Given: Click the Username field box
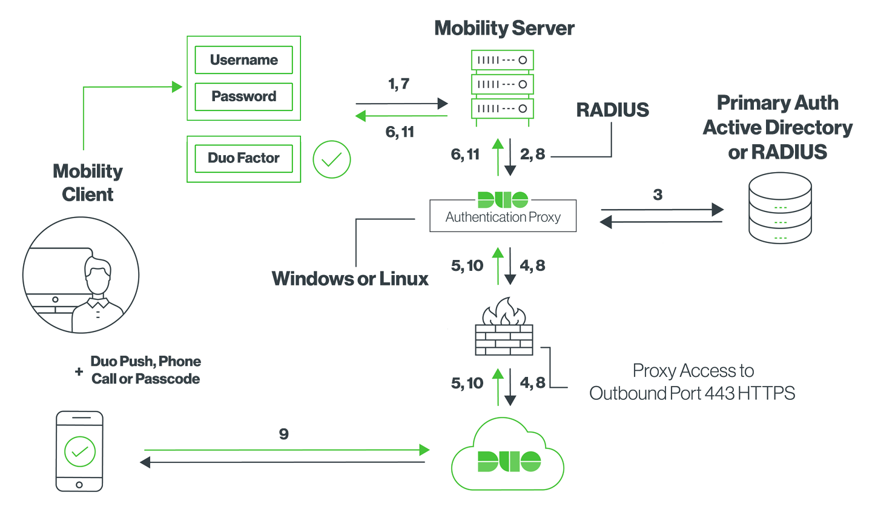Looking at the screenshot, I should (x=243, y=60).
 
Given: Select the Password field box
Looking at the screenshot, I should (x=243, y=96).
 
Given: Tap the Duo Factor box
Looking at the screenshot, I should (x=243, y=158).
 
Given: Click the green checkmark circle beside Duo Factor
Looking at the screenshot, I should (x=331, y=160).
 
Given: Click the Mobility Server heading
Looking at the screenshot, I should (x=504, y=28).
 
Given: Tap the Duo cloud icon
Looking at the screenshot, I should (x=508, y=454).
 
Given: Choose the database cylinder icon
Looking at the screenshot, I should (x=780, y=208).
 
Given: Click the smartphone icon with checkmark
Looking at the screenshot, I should (x=79, y=451).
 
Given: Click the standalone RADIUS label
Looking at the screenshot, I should (x=612, y=110).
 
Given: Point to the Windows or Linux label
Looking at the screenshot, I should (x=350, y=278).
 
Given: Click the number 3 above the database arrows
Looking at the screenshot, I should (x=658, y=195).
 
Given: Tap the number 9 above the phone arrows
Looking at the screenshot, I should (x=283, y=434).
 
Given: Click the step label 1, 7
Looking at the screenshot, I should (x=398, y=84).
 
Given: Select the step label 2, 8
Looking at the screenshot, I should (x=532, y=155).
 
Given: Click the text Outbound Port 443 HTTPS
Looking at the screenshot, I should (x=692, y=393).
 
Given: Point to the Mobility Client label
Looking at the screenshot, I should (x=88, y=182).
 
